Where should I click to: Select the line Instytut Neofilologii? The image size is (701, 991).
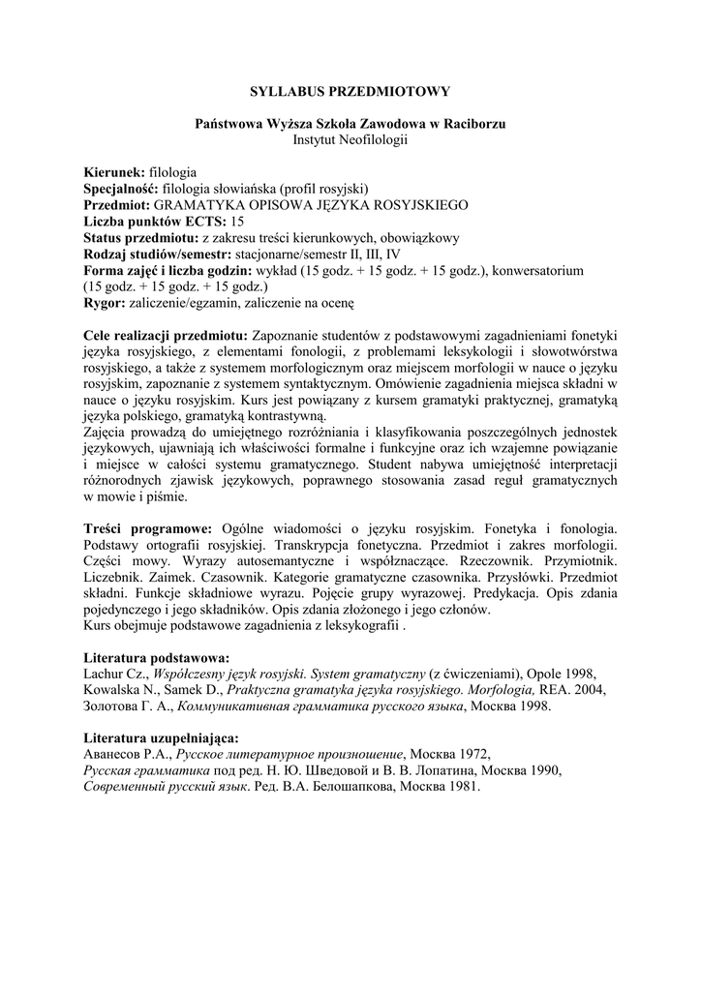coord(350,140)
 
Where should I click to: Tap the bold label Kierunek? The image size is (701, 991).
coord(114,173)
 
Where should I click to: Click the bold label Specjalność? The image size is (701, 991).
coord(122,189)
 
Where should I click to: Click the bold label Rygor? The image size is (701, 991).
coord(105,303)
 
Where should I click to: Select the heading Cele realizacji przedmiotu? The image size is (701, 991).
coord(165,334)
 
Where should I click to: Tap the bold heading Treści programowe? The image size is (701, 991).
coord(147,529)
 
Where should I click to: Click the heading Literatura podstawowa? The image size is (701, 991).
coord(156,657)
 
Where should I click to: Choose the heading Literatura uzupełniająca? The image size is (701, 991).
coord(162,738)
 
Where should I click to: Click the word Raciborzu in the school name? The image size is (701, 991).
coord(473,124)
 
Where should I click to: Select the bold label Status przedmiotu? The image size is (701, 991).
coord(141,238)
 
